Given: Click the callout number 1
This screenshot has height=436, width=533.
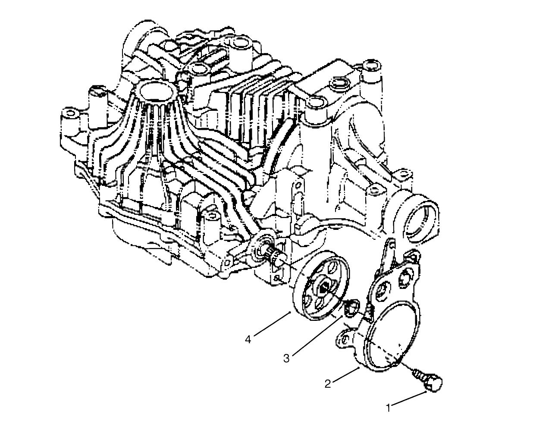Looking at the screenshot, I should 389,408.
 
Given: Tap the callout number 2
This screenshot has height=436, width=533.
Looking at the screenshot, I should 328,383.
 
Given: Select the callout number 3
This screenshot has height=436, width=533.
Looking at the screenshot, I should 287,358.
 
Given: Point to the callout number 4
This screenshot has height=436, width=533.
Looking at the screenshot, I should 248,339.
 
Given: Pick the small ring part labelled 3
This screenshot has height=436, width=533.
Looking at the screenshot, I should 351,307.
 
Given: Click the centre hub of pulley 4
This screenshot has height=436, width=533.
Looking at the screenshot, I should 322,285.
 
